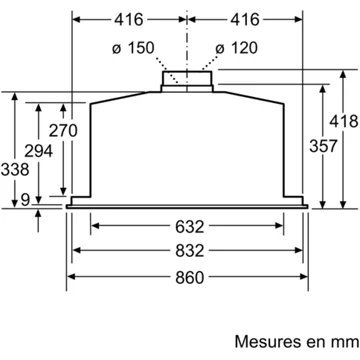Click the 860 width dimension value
189,278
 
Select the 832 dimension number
189,251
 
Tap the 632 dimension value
189,227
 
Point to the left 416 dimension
129,20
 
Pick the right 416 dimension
245,20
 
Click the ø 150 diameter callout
133,48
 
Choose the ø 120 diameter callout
236,48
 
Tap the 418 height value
344,121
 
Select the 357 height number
323,146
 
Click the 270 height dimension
63,130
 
